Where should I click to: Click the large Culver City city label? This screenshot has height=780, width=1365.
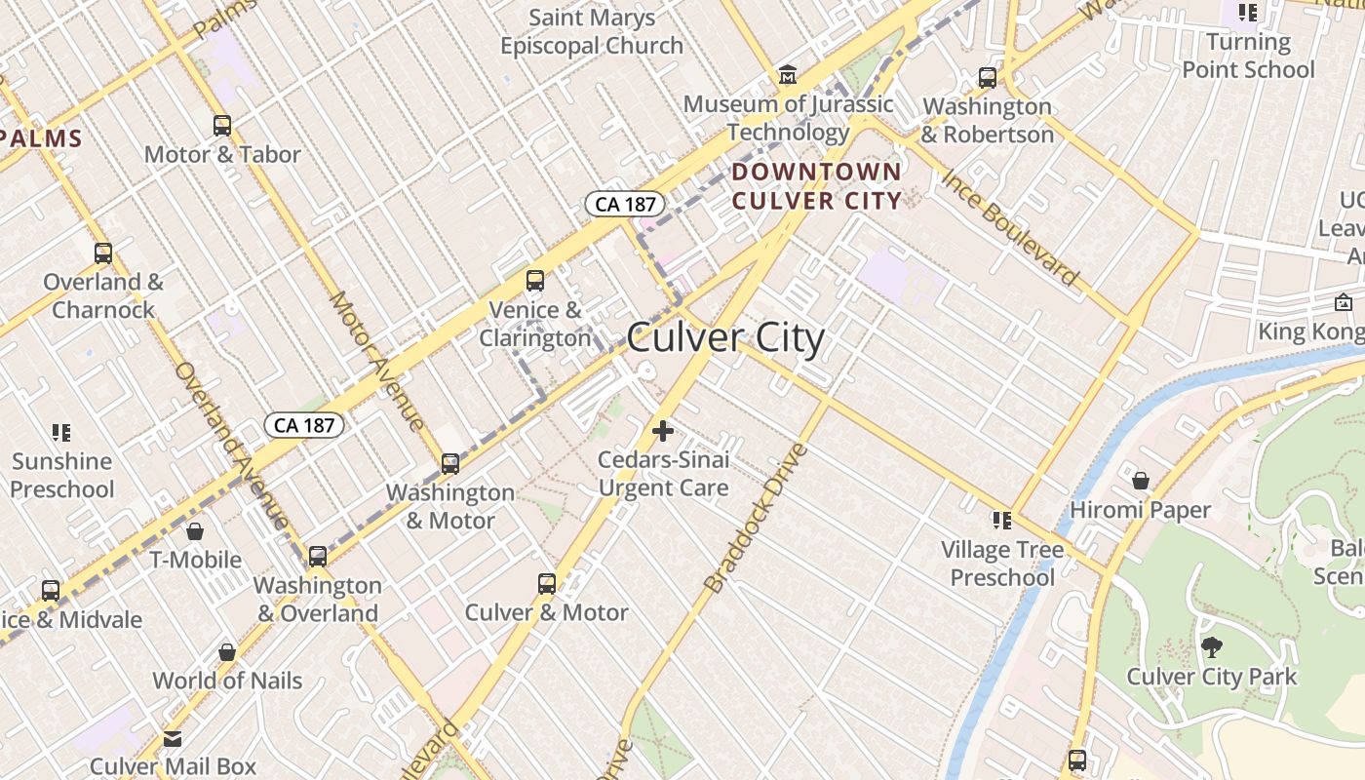tap(725, 338)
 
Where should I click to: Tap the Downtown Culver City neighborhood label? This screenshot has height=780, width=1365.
tap(817, 186)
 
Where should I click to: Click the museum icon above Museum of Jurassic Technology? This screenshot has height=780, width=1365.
tap(787, 75)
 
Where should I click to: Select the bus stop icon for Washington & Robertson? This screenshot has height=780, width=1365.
tap(988, 78)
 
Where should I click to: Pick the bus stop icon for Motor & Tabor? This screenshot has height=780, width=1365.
tap(222, 126)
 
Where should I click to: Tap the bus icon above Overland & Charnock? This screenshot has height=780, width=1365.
tap(103, 253)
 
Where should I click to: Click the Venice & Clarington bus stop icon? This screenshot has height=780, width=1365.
tap(534, 281)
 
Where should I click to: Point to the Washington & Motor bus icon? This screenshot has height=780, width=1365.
tap(449, 464)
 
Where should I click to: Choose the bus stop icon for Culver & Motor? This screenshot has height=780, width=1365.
tap(547, 584)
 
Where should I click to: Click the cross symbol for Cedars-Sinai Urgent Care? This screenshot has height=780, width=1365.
tap(663, 430)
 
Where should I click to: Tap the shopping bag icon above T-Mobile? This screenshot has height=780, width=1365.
tap(195, 531)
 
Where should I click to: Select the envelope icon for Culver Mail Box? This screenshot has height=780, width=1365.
tap(173, 739)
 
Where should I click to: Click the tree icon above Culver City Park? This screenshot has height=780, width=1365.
tap(1212, 646)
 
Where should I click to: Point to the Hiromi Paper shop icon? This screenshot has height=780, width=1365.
tap(1141, 481)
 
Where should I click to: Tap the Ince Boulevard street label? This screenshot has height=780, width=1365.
tap(1010, 228)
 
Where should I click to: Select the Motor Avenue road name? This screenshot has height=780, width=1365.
tap(376, 361)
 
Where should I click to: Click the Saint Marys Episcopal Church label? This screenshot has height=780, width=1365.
tap(592, 31)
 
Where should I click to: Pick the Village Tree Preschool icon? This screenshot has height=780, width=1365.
tap(1001, 521)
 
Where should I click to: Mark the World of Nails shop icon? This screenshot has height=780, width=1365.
tap(227, 651)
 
